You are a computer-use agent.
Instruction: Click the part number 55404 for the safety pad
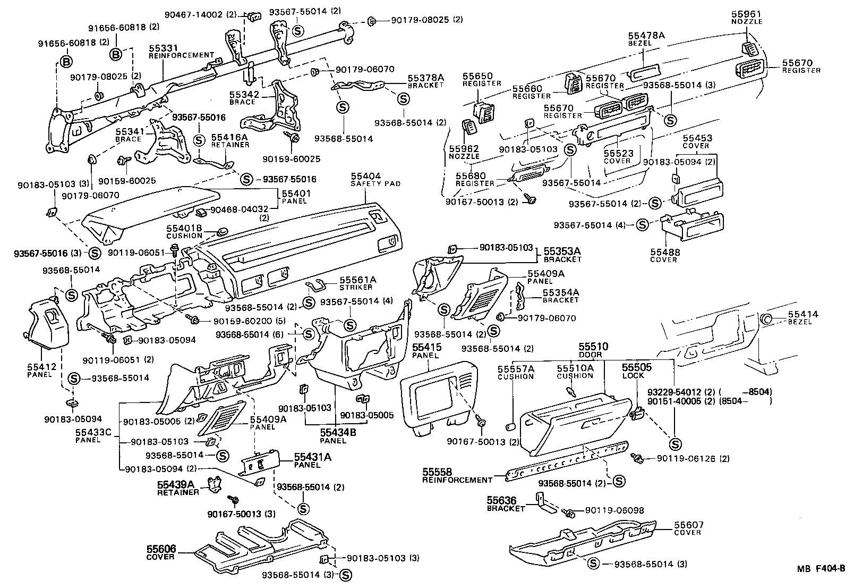click(x=365, y=176)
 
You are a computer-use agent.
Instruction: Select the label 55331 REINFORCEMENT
click(x=181, y=51)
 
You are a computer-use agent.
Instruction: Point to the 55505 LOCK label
click(x=637, y=371)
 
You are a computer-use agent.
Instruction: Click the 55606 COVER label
click(x=161, y=552)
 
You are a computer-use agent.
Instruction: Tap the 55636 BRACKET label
click(x=506, y=503)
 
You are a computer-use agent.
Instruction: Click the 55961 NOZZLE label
click(x=747, y=18)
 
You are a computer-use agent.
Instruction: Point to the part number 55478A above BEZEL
click(x=646, y=36)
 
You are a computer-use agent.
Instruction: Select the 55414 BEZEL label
click(x=802, y=318)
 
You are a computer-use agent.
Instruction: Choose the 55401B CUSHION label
click(x=184, y=231)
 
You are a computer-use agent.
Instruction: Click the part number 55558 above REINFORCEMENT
click(x=437, y=472)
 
